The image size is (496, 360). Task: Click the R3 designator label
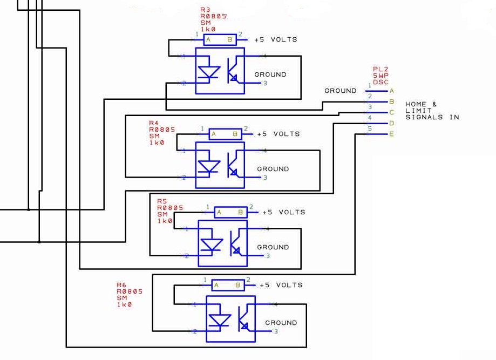coord(205,10)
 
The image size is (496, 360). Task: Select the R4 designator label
coord(154,123)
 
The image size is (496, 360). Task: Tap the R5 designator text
coord(162,201)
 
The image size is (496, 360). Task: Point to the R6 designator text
coord(121,284)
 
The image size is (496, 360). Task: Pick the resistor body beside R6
coord(225,285)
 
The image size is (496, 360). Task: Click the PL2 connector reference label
coord(381,70)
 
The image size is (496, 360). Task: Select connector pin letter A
coord(391,91)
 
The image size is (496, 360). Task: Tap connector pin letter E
coord(391,134)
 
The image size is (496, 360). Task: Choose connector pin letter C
coord(391,112)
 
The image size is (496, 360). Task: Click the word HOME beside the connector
coord(416,104)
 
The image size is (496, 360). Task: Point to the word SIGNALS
coord(424,117)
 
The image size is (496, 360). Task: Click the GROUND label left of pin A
coord(340,91)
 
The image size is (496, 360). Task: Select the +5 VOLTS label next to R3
coord(275,39)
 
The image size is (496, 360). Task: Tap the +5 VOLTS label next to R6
coord(281,285)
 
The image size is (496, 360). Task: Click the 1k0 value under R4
coord(156,142)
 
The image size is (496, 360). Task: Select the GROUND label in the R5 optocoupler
coord(273,247)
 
